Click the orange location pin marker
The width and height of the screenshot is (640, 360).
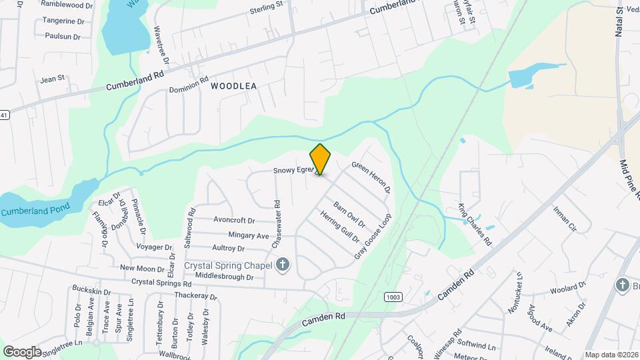tap(320, 159)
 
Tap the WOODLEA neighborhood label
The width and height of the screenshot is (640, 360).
tap(233, 86)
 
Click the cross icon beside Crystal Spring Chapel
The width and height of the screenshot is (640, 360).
tap(283, 265)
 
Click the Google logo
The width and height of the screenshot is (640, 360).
tap(22, 351)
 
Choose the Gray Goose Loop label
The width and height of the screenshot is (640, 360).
tap(373, 236)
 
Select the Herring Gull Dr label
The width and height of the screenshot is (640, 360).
tap(339, 228)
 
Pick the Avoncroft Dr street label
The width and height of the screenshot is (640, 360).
tap(234, 219)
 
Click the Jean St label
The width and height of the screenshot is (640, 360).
tap(52, 78)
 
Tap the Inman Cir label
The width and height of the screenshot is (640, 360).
tap(564, 218)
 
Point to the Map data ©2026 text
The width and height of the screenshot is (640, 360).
tap(611, 355)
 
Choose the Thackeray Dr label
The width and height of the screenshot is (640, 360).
tap(196, 295)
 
